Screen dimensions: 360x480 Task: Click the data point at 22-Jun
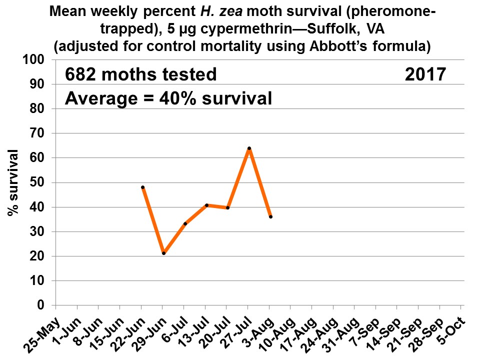[143, 187]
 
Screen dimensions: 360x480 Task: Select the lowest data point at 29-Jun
[163, 253]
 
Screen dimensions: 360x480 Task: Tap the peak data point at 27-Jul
[249, 148]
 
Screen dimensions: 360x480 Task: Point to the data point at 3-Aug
[270, 216]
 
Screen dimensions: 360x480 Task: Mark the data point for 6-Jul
[185, 223]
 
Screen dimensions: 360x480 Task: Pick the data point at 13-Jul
[206, 205]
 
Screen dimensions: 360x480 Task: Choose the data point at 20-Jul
[228, 207]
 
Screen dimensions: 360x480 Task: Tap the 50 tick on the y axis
[40, 182]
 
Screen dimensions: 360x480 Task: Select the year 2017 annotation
[424, 74]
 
